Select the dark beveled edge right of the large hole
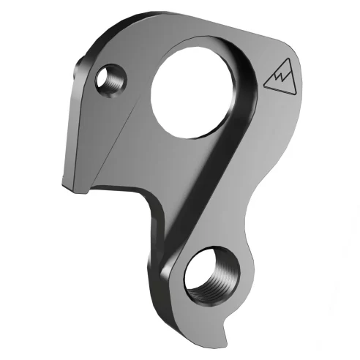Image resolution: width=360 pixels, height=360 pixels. point(252,102)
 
